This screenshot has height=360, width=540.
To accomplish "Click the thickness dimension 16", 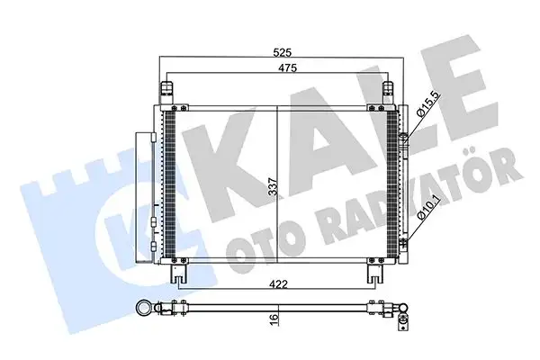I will pyautogui.click(x=271, y=319).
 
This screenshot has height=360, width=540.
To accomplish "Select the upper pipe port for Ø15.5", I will pyautogui.click(x=404, y=139).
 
